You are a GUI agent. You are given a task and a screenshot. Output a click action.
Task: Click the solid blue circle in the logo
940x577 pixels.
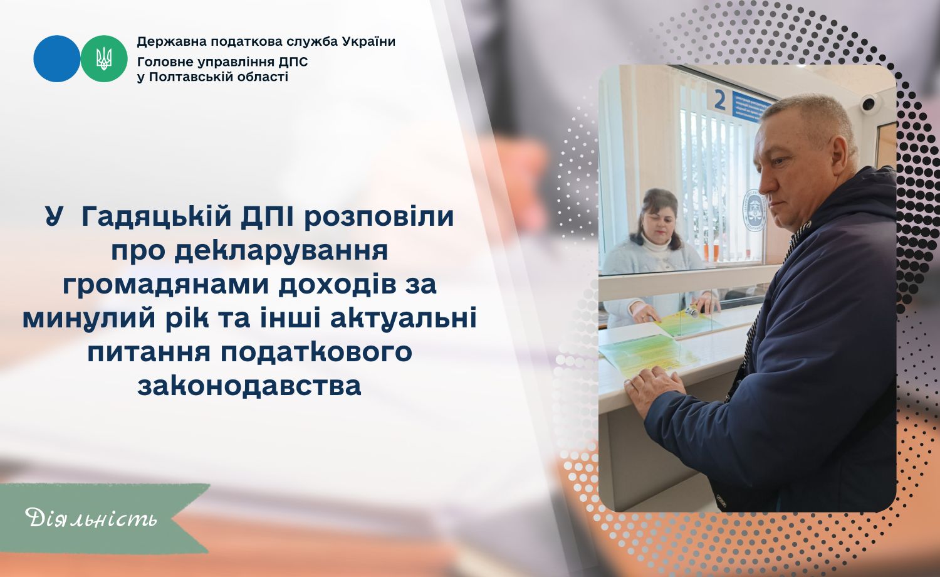56,58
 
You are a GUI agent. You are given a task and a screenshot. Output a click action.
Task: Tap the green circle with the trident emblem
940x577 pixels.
103,58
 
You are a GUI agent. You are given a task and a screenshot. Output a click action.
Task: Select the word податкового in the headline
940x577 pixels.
316,352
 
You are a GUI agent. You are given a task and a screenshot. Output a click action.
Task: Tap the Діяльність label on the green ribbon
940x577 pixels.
91,518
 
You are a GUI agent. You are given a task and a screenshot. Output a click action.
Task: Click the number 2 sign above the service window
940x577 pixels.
719,101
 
